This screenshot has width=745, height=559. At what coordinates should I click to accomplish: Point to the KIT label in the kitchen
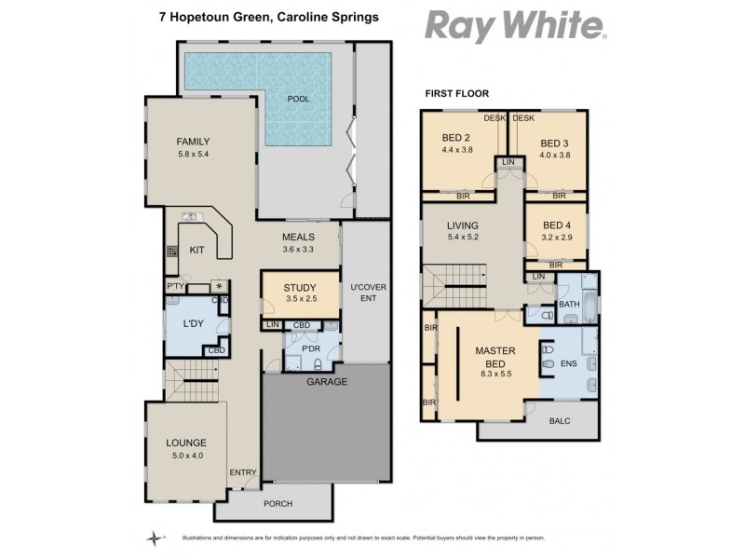point(196,250)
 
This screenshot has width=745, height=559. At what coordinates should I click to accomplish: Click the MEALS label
point(298,237)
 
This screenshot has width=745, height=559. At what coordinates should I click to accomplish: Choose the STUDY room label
point(299,287)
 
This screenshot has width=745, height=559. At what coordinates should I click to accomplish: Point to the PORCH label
point(278,504)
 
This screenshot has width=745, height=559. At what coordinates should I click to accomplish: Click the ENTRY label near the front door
point(242,472)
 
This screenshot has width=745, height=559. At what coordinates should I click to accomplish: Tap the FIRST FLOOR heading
point(456,93)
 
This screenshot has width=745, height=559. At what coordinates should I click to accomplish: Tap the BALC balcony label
point(559,420)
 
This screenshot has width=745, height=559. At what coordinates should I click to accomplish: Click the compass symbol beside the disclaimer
point(155,538)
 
